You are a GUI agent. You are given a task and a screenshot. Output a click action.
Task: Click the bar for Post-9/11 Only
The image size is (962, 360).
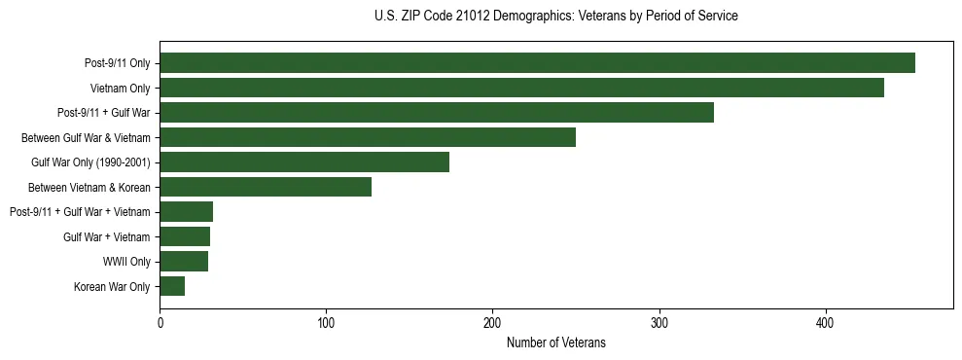pos(537,63)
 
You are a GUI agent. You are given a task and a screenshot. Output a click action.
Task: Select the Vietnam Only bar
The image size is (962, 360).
pos(521,88)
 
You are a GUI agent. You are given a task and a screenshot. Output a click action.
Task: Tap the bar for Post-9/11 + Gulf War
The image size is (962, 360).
pos(437,113)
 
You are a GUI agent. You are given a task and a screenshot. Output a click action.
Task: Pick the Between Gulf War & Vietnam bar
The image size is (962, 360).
pos(368,137)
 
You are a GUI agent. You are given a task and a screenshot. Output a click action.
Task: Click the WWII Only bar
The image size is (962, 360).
pos(184,261)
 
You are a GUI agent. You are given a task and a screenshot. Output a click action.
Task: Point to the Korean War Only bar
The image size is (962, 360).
pos(172,286)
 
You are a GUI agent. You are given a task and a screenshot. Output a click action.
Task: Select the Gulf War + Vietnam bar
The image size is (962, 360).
pos(185,236)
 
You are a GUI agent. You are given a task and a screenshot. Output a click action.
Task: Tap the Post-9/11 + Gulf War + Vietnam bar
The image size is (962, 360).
pos(186,212)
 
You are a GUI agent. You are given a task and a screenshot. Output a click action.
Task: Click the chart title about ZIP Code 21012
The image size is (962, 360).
pos(555,17)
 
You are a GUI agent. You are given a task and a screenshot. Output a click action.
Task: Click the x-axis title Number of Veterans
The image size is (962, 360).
pos(555,342)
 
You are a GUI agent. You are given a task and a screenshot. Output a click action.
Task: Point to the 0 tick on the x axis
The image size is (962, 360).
pos(160,322)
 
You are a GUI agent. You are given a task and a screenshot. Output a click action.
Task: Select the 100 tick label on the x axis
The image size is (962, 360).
pos(326,322)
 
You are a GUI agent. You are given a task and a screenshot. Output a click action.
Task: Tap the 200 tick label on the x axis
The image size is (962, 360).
pos(492,322)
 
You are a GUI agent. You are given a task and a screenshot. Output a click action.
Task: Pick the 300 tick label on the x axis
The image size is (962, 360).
pos(659,322)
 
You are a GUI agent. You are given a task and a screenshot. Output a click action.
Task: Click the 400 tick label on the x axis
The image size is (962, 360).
pos(826,322)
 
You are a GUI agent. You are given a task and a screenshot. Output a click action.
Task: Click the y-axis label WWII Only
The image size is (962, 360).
pos(125,262)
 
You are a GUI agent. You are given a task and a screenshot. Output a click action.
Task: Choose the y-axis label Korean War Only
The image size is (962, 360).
pos(112,286)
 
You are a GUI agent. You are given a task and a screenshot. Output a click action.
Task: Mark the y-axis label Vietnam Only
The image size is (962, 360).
pos(120,89)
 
